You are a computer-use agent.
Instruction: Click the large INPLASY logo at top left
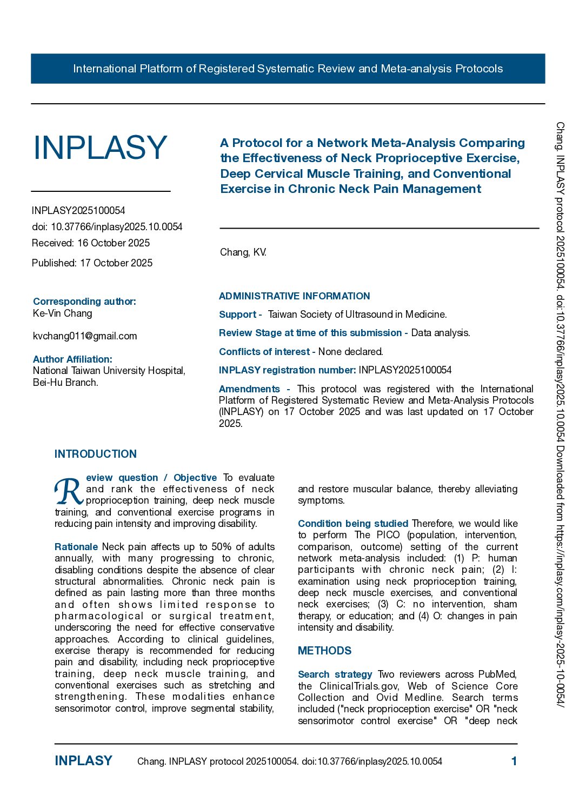point(100,148)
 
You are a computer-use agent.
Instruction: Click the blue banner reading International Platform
point(288,69)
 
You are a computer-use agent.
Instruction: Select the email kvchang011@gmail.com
point(85,336)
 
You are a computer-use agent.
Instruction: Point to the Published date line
point(92,263)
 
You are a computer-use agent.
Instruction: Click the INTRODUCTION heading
point(96,454)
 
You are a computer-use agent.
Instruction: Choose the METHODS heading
point(324,651)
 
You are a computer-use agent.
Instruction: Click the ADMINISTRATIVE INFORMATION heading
point(294,296)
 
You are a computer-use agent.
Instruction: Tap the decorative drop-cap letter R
point(69,491)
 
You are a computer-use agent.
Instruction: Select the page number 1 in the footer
point(514,761)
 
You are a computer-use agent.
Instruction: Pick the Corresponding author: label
point(84,302)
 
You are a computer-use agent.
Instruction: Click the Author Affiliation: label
point(72,359)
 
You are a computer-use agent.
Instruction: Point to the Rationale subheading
point(76,547)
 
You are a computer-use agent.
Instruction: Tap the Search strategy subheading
point(335,674)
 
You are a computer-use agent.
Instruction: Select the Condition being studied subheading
point(352,524)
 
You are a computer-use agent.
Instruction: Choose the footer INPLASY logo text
point(83,761)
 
